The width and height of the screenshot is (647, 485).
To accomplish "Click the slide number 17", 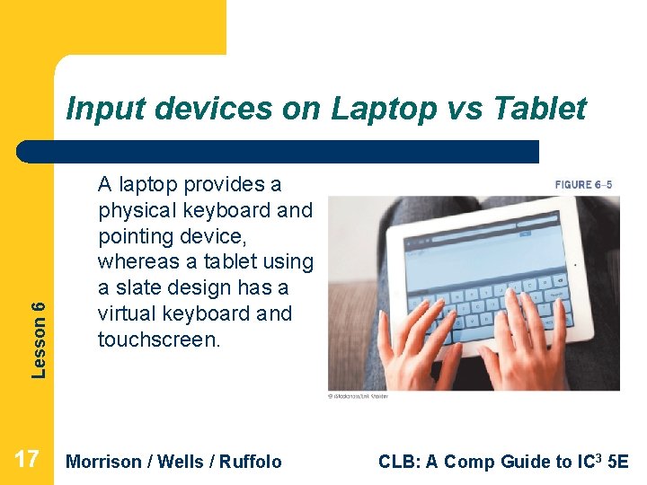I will coord(27,461).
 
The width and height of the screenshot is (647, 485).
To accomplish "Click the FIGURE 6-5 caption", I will coord(583,185).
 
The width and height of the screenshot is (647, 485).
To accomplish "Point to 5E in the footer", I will coord(619,462).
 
